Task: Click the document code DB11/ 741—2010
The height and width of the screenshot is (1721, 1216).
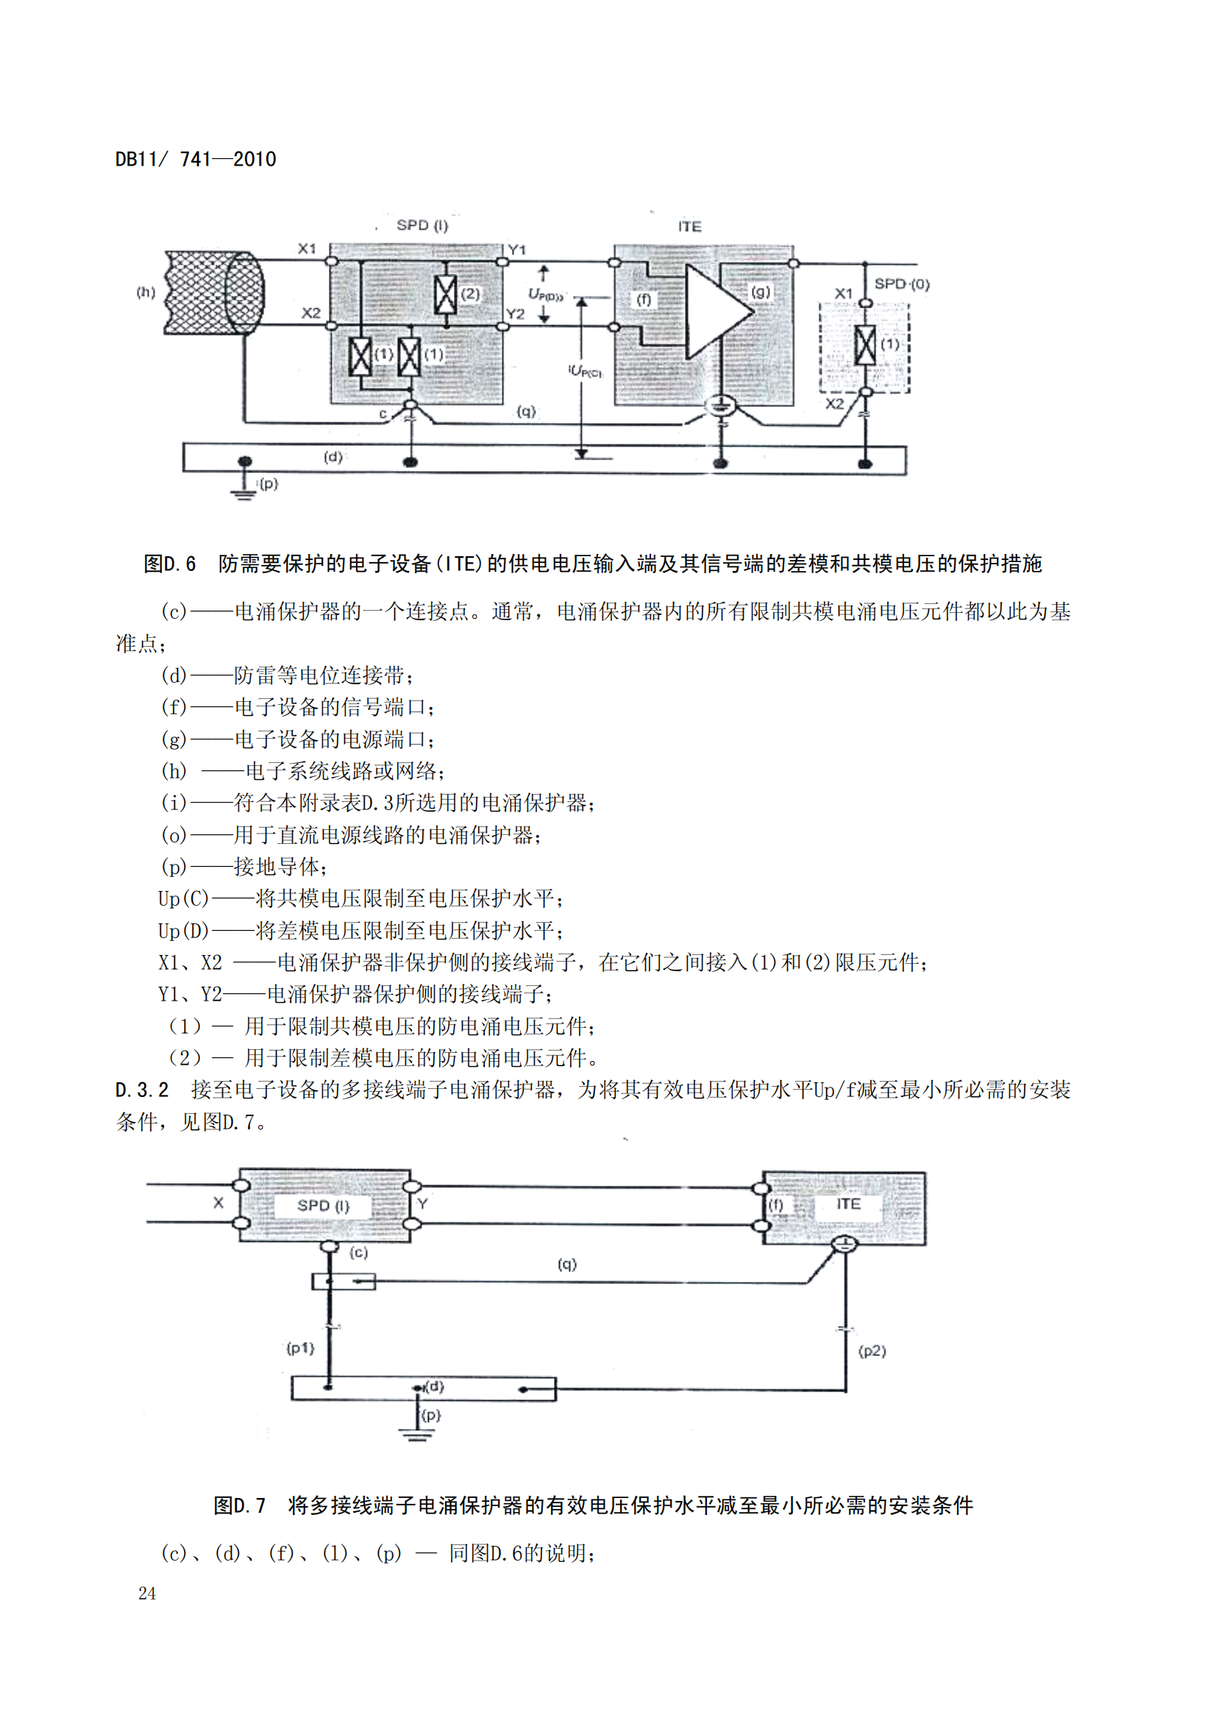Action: [196, 160]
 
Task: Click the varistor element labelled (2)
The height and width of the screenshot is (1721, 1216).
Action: [446, 294]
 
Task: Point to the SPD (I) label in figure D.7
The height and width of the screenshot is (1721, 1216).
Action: [323, 1206]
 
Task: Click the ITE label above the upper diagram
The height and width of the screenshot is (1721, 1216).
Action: [689, 227]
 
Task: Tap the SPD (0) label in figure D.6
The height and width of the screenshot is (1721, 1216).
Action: [901, 284]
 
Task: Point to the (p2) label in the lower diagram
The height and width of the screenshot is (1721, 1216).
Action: [872, 1351]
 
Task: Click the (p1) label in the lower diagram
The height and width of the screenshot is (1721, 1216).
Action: [300, 1349]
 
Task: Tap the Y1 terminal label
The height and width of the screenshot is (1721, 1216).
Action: [517, 249]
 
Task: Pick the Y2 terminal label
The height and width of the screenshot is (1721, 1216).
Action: [516, 314]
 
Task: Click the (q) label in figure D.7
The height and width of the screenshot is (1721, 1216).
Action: [567, 1265]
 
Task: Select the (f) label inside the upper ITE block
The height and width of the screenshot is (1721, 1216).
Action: [644, 299]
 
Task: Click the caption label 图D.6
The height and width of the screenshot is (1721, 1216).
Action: [169, 564]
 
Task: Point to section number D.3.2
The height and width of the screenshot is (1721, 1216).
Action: [143, 1090]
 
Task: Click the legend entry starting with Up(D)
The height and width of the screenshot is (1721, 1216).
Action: [360, 931]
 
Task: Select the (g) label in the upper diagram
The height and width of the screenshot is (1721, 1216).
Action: [760, 291]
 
